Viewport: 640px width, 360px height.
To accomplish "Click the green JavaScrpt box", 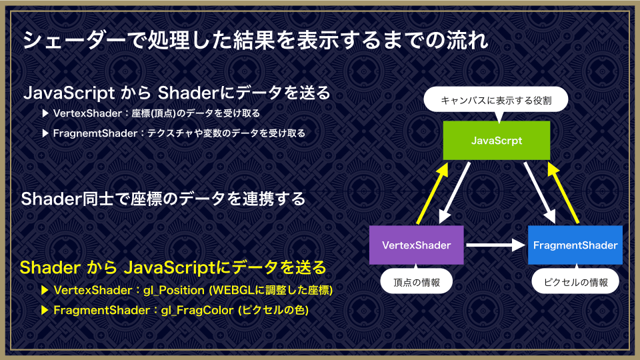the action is pos(496,141).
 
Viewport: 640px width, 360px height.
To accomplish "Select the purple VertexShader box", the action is pos(416,245).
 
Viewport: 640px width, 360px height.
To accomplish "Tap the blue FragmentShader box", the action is pos(575,245).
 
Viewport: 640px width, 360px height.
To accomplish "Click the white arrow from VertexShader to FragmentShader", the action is pos(495,245).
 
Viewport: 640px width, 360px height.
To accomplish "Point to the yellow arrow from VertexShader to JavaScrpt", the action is pos(433,193).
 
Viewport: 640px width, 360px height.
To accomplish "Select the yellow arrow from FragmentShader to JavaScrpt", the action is pos(563,193).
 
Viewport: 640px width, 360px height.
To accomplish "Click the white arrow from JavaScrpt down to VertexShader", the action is pos(454,193).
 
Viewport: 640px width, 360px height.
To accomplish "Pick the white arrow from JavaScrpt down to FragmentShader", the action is pos(539,193).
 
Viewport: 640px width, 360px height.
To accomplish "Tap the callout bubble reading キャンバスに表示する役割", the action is pos(496,100).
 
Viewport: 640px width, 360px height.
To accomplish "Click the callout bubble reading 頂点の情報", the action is pos(416,282).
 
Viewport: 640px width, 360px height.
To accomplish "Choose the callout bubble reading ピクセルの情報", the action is pos(575,282).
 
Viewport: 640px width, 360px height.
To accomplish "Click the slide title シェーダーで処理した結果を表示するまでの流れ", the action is pos(255,40).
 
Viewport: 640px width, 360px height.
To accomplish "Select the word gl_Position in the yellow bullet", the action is pos(174,290).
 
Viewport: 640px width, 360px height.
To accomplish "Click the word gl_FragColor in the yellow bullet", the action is pos(198,310).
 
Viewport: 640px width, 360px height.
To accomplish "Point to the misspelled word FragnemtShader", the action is pos(95,133).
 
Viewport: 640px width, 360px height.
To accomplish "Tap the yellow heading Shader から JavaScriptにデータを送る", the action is pos(173,268).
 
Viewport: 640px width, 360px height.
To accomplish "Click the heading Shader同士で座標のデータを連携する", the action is pos(163,199).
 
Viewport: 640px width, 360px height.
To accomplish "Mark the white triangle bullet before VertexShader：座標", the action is pos(45,113).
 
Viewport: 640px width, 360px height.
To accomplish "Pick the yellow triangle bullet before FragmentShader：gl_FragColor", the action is pos(45,310).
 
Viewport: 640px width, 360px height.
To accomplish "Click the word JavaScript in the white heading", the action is pos(69,93).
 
